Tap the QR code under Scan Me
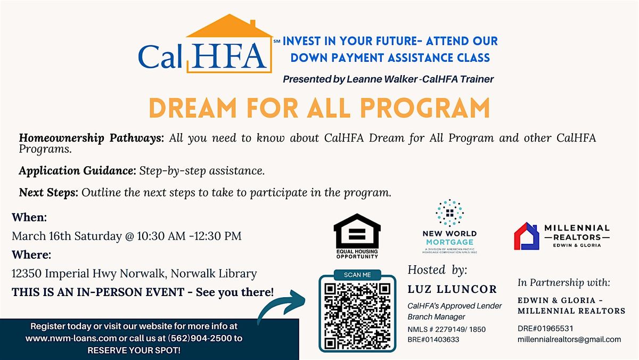coord(357,315)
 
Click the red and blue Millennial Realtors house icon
coord(526,236)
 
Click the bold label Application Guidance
coord(77,171)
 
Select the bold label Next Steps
coord(48,193)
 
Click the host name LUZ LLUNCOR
coord(452,290)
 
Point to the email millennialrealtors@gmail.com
coord(569,339)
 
